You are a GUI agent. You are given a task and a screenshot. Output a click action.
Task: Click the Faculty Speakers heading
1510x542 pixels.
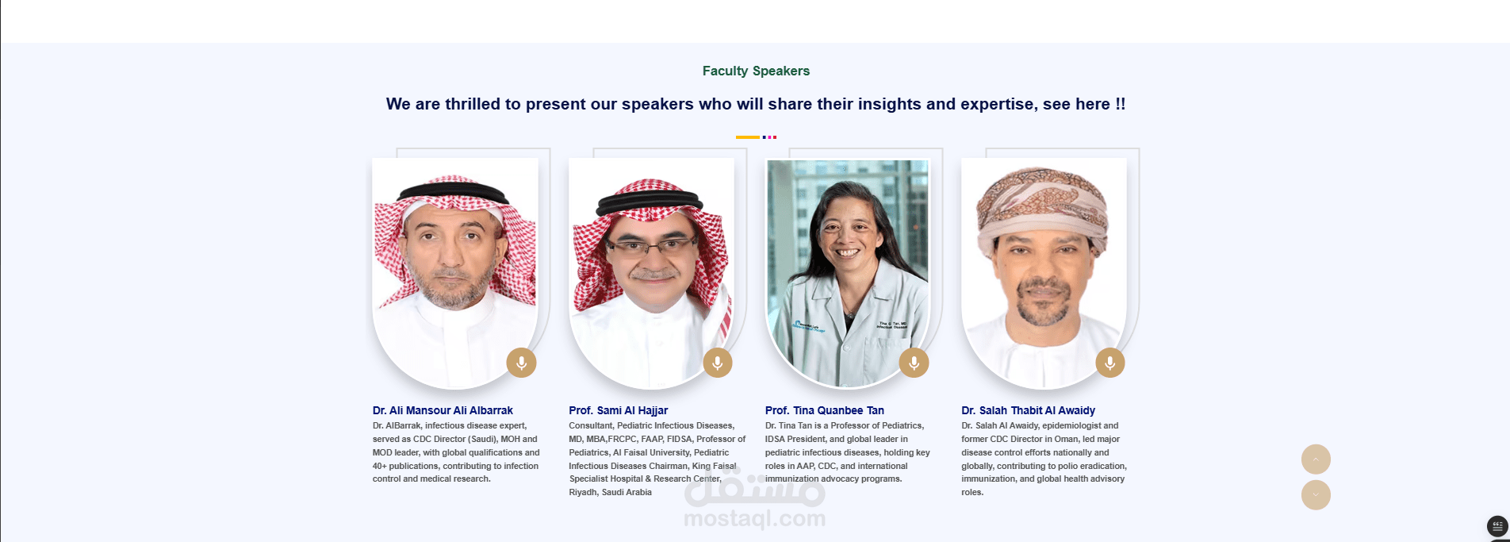[x=756, y=71]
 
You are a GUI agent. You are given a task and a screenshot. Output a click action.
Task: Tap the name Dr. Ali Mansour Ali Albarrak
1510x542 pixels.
[x=443, y=410]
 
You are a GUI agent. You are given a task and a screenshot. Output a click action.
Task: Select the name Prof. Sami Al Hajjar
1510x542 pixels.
[x=618, y=410]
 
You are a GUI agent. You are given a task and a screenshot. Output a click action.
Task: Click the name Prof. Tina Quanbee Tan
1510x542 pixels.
[x=824, y=410]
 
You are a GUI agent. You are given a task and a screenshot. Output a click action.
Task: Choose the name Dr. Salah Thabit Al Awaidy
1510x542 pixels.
[x=1028, y=410]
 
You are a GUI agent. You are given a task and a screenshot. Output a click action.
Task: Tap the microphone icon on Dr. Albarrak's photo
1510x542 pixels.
[x=521, y=363]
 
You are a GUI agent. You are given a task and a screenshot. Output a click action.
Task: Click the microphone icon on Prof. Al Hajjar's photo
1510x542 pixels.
[x=718, y=363]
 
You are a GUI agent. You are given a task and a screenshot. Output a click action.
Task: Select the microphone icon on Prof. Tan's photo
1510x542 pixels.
[x=914, y=363]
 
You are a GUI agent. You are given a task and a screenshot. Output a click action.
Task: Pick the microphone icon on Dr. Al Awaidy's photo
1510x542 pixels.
[x=1110, y=363]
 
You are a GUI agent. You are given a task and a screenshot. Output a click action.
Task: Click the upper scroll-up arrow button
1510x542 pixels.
[x=1316, y=459]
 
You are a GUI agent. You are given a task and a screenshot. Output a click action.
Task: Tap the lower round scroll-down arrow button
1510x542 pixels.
[x=1316, y=495]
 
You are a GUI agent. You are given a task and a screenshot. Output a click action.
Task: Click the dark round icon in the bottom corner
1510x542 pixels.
[x=1497, y=526]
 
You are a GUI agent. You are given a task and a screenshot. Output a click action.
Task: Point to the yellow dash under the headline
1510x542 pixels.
[x=747, y=137]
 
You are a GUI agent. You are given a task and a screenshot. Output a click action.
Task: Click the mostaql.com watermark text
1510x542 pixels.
[x=754, y=519]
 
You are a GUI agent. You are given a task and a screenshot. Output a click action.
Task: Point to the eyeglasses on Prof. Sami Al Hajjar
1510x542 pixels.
[x=653, y=245]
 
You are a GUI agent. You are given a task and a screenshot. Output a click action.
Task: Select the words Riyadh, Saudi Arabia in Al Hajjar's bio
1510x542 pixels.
[x=610, y=492]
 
